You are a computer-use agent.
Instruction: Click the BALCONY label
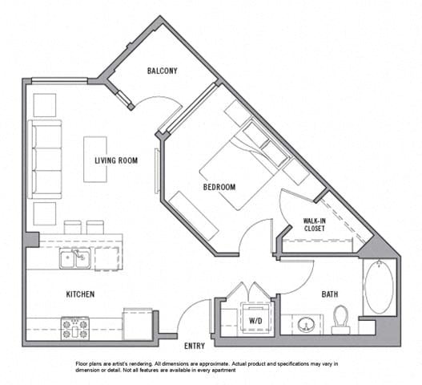[163, 71]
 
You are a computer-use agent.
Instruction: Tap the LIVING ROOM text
[116, 160]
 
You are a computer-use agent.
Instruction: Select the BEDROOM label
[219, 188]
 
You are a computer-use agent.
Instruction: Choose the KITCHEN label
[80, 294]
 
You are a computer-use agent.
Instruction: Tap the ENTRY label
[195, 346]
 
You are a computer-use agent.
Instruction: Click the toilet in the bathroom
[341, 319]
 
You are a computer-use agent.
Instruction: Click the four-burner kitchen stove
[74, 327]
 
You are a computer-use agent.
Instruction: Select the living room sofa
[45, 159]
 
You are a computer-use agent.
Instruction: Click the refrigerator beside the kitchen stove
[136, 324]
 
